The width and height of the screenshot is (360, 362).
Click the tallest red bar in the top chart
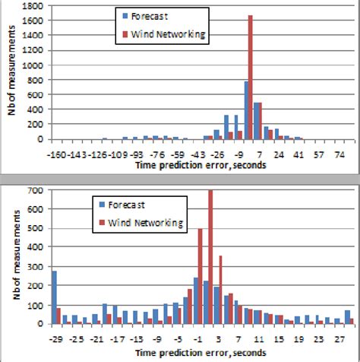(x=250, y=77)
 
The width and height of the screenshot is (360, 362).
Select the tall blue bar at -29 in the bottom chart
(x=53, y=297)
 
